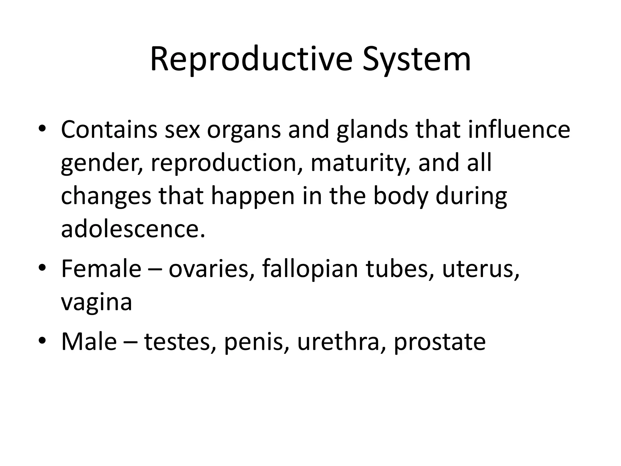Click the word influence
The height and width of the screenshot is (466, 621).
(519, 130)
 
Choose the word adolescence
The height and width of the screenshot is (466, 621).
(133, 228)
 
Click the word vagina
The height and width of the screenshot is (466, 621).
(96, 302)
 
